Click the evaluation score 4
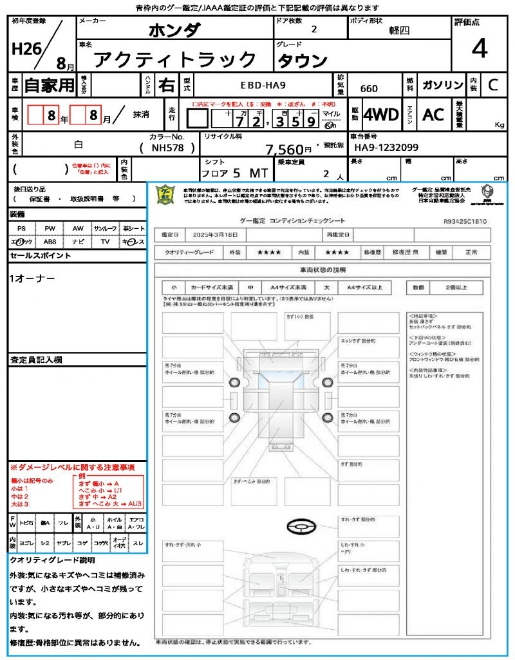pyautogui.click(x=478, y=49)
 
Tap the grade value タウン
pyautogui.click(x=303, y=60)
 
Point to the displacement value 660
pyautogui.click(x=369, y=89)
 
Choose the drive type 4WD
pyautogui.click(x=381, y=115)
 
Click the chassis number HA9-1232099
pyautogui.click(x=386, y=148)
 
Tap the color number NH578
pyautogui.click(x=166, y=148)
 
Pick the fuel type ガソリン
pyautogui.click(x=442, y=85)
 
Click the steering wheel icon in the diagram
pyautogui.click(x=300, y=526)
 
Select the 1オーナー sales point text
pyautogui.click(x=32, y=278)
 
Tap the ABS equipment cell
pyautogui.click(x=50, y=242)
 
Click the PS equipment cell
pyautogui.click(x=21, y=229)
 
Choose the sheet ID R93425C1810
pyautogui.click(x=465, y=221)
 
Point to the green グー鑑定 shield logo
pyautogui.click(x=165, y=195)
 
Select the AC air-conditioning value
pyautogui.click(x=433, y=115)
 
